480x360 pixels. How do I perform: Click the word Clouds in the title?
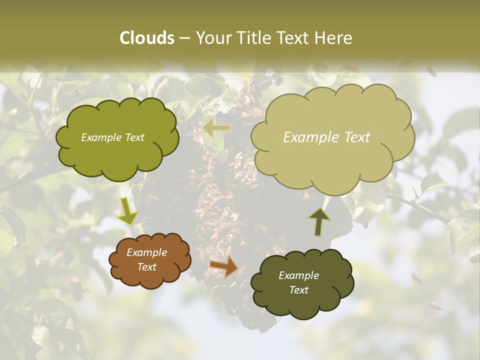[146, 38]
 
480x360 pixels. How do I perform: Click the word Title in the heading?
[254, 38]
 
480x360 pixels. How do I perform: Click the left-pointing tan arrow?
[216, 128]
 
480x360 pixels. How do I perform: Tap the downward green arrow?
[128, 211]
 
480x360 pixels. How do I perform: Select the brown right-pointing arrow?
[223, 266]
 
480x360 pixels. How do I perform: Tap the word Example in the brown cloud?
[146, 253]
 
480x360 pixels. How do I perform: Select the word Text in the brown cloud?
[146, 267]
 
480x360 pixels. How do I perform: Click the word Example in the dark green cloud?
[298, 275]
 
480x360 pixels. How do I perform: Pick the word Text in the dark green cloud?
[298, 290]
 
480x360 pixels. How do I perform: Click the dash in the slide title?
[184, 38]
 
